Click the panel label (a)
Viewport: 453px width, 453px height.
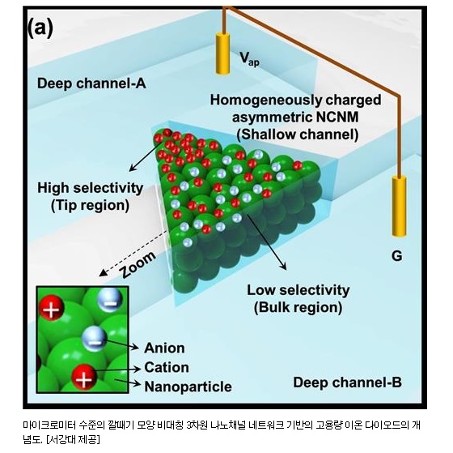[x=40, y=28]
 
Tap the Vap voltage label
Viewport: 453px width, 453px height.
[x=250, y=59]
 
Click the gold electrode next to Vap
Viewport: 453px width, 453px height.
[x=222, y=53]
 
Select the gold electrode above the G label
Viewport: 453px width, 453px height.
[x=399, y=206]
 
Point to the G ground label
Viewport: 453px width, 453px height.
[x=396, y=256]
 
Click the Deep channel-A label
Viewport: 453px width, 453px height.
[x=91, y=83]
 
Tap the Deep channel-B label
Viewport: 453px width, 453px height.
[x=347, y=382]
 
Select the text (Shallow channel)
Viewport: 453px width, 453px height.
[x=298, y=135]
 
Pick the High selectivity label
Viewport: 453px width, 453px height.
[x=91, y=188]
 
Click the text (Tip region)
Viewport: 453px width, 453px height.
[x=90, y=206]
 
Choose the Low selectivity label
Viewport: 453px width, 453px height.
[x=298, y=290]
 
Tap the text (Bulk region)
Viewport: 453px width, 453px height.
[x=298, y=307]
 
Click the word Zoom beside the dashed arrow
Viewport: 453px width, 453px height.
[x=138, y=265]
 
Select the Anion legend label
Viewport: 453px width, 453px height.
[x=164, y=348]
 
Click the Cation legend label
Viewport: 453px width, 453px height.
[x=167, y=367]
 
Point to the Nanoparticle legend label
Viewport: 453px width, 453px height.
[x=188, y=387]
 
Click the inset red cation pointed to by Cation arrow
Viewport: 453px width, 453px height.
[x=84, y=377]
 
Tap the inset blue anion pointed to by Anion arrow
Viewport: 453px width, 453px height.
[x=94, y=339]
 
